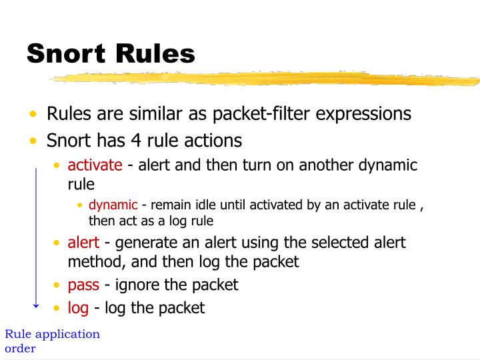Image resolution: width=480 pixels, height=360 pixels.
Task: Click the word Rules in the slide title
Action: coord(158,53)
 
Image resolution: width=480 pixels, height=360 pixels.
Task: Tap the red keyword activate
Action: coord(95,165)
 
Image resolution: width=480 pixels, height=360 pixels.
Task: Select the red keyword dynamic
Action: coord(113,205)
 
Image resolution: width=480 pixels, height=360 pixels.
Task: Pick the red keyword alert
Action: coord(83,242)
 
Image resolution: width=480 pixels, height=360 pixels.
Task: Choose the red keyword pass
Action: coord(83,285)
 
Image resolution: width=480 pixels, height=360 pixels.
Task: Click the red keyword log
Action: coord(78,307)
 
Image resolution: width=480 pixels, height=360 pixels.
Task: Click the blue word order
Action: coord(20,348)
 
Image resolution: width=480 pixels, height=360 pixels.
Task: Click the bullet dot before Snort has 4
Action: coord(33,141)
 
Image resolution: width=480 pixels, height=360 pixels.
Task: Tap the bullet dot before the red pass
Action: coord(57,285)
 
